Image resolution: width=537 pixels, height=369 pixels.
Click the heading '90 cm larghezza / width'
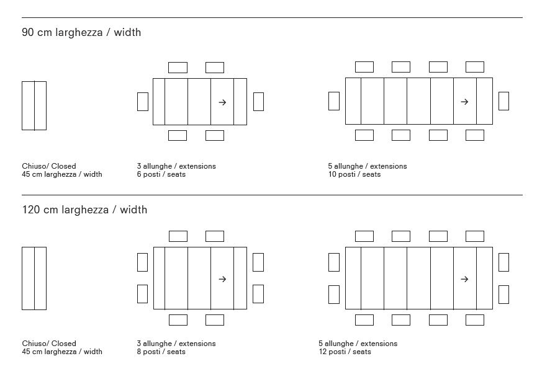[x=81, y=32]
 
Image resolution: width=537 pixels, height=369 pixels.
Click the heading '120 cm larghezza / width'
[x=84, y=210]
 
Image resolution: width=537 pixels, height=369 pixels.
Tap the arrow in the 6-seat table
[x=222, y=102]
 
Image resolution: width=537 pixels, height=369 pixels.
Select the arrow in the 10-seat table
[x=464, y=102]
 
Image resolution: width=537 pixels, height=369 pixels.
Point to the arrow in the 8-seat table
[x=222, y=279]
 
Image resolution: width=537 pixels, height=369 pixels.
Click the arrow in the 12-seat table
[x=464, y=279]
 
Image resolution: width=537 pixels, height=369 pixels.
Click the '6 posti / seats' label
[x=161, y=175]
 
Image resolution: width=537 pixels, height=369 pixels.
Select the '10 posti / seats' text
[x=354, y=175]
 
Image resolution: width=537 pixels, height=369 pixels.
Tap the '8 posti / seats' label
[x=161, y=352]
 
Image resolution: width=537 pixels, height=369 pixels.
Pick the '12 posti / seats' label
[x=345, y=352]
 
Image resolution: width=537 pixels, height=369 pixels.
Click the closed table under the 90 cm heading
[x=34, y=105]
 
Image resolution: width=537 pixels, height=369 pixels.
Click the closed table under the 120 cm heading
[x=34, y=278]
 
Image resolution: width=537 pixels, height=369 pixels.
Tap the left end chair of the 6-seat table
[x=143, y=102]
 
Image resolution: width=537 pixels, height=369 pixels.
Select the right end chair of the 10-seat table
[x=503, y=101]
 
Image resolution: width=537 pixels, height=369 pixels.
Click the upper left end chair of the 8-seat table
[x=143, y=262]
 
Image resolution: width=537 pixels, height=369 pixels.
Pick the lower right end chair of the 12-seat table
[x=503, y=294]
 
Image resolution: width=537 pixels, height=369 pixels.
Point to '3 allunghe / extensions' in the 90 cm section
[x=176, y=166]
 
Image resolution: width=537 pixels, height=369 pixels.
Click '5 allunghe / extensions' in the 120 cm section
[x=358, y=344]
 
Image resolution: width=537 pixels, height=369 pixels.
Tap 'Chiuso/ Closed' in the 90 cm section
[x=49, y=166]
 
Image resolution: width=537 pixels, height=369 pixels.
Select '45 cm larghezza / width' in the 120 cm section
[x=62, y=352]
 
